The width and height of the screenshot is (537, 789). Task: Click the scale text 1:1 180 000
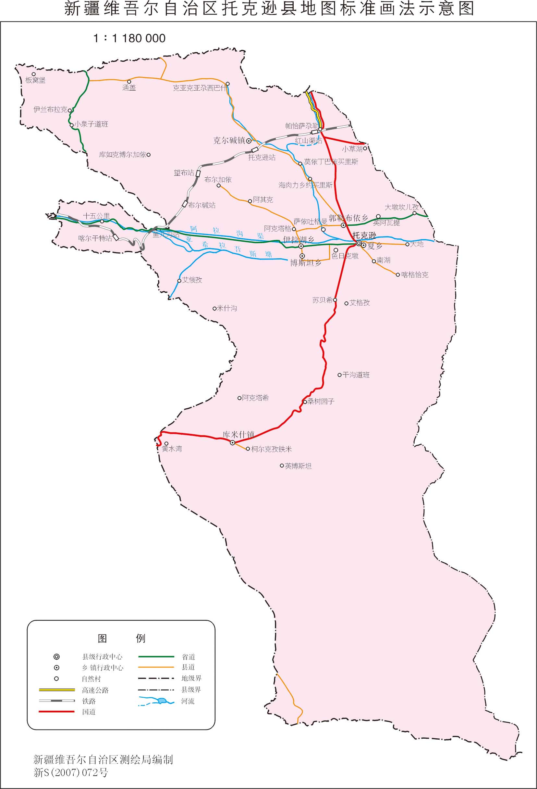click(x=129, y=38)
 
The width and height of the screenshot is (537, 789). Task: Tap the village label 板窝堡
click(x=35, y=81)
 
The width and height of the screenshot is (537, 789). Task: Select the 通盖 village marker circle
click(x=129, y=82)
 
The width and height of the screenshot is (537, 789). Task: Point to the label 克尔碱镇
click(x=229, y=140)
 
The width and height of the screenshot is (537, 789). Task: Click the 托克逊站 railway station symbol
click(x=255, y=150)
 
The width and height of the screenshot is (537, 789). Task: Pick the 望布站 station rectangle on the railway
click(x=199, y=173)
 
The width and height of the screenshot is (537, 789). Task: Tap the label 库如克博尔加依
click(x=122, y=155)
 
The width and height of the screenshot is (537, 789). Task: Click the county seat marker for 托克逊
click(x=359, y=243)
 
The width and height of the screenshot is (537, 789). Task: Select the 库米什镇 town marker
click(x=232, y=443)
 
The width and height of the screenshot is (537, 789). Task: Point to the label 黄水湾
click(x=172, y=449)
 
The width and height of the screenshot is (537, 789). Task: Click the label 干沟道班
click(x=356, y=375)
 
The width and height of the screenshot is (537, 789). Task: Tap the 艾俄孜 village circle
click(x=179, y=281)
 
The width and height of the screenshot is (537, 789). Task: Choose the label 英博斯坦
click(x=298, y=466)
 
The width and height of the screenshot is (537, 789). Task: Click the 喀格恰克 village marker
click(x=398, y=275)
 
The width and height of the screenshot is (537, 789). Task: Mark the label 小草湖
click(x=352, y=149)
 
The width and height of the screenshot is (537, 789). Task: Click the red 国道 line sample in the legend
click(x=57, y=712)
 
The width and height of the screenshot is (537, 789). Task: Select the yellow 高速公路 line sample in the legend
click(x=57, y=690)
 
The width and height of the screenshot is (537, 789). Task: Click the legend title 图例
click(x=121, y=639)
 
